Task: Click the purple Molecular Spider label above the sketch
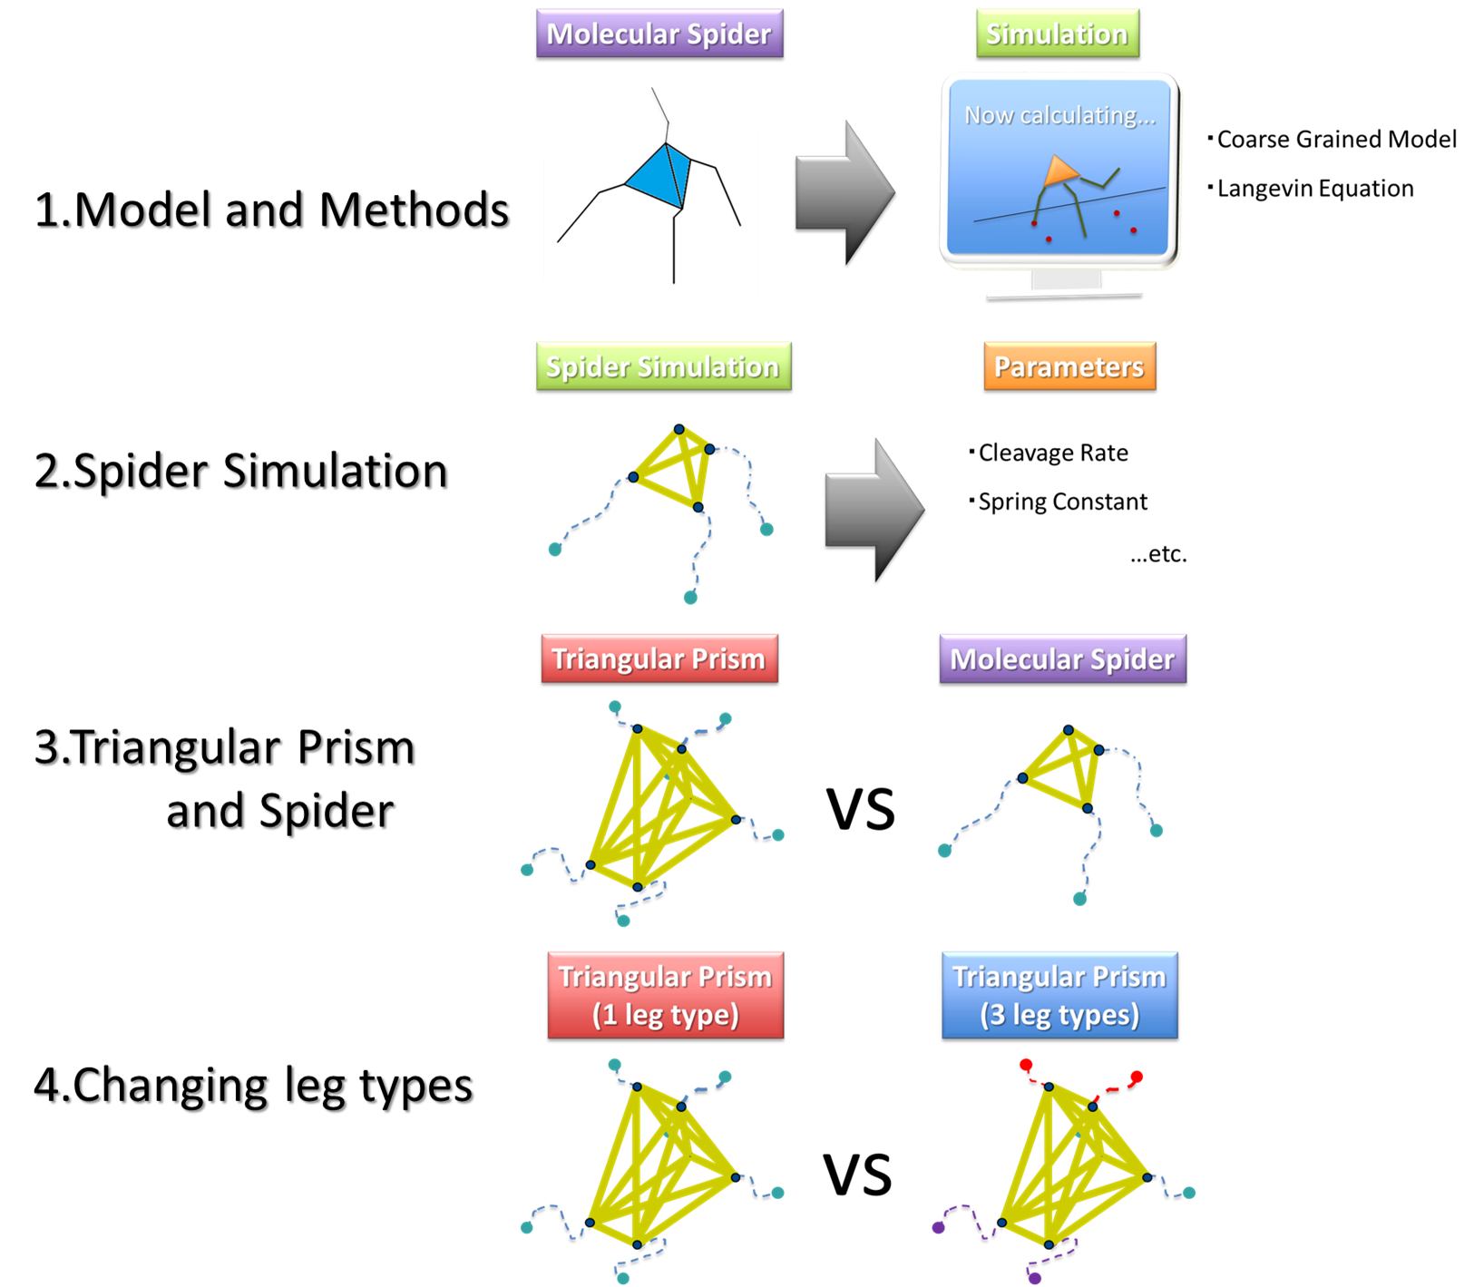(659, 34)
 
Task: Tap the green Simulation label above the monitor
(1057, 34)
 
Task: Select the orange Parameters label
(1069, 367)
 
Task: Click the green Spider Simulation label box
(663, 367)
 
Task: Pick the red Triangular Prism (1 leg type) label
(665, 996)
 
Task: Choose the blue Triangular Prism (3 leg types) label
(1059, 996)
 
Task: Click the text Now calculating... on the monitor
(1059, 116)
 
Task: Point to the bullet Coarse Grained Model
(1335, 140)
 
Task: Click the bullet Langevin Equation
(1314, 189)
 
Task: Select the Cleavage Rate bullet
(1052, 453)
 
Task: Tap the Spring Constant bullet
(1061, 502)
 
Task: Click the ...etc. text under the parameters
(1158, 554)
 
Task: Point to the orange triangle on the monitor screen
(1059, 171)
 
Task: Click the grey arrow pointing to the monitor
(844, 195)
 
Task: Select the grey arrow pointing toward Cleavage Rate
(874, 512)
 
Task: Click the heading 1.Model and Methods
(273, 211)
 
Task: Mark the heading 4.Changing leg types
(255, 1087)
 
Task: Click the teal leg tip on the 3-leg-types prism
(1189, 1193)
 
